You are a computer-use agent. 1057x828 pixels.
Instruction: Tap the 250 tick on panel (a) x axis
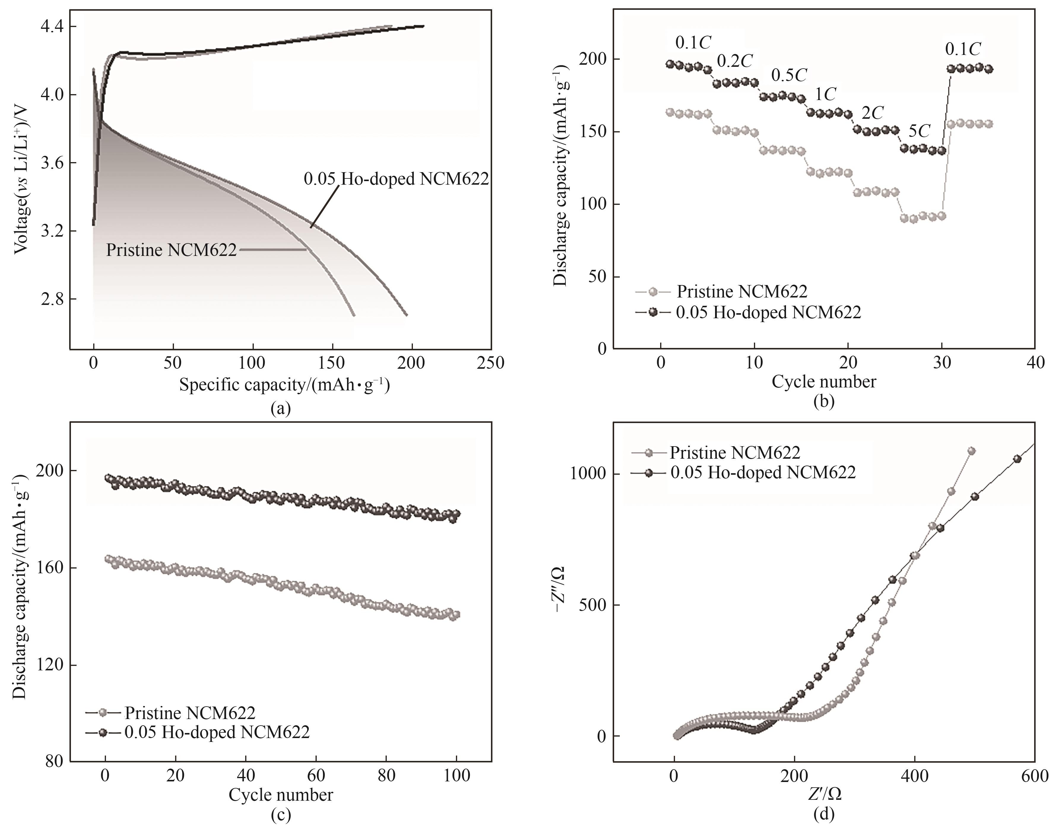pos(490,362)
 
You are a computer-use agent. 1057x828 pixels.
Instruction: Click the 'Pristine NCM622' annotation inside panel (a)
pos(171,250)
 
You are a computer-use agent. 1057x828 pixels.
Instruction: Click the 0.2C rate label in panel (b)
pos(734,61)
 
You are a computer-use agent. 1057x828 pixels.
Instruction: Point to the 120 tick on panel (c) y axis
pos(50,665)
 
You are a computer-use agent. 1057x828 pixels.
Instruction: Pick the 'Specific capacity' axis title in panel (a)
pos(284,385)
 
